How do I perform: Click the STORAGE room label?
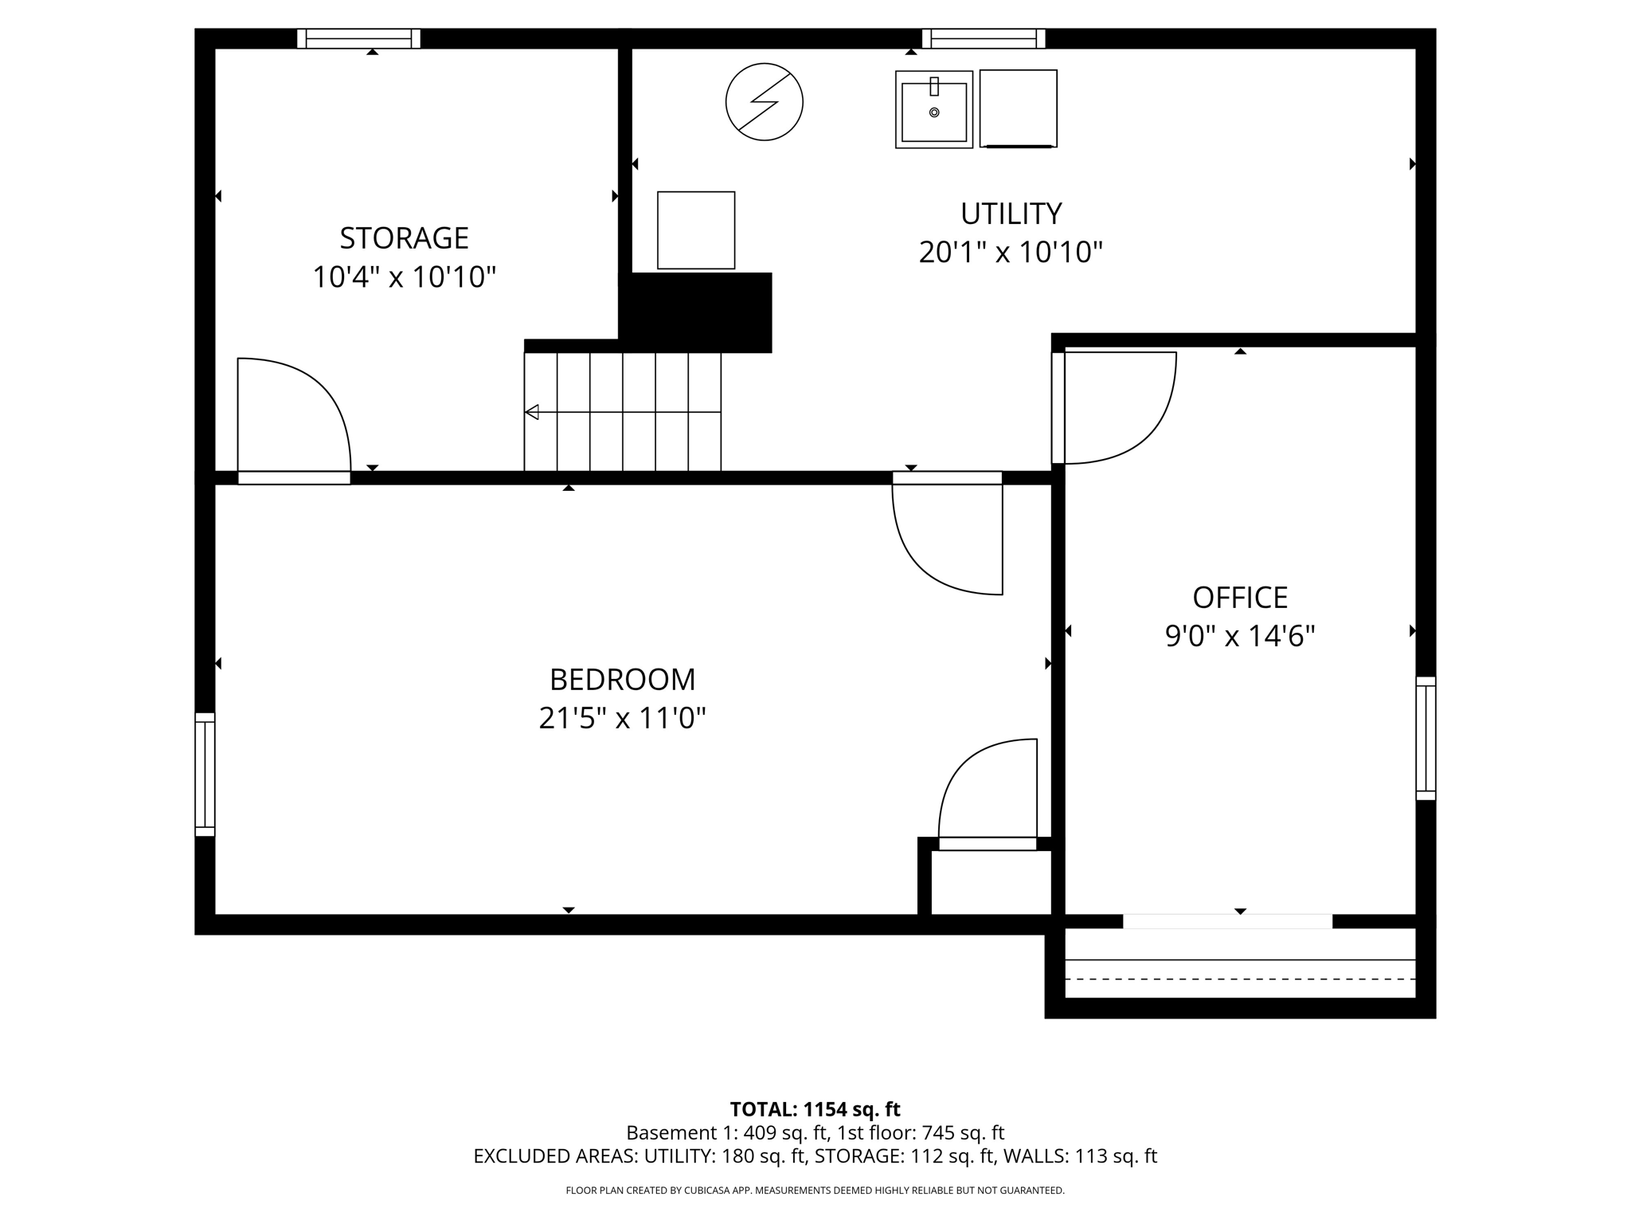[404, 238]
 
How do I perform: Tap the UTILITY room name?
[1011, 214]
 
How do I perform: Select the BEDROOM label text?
[622, 680]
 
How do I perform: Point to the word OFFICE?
[1239, 598]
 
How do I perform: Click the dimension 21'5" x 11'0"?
[622, 719]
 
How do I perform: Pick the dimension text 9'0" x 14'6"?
[1239, 637]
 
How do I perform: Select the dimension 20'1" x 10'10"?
[1011, 253]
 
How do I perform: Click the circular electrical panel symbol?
[764, 102]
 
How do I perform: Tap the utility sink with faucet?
[933, 109]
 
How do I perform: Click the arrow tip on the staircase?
[532, 412]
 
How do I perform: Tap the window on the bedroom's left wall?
[205, 775]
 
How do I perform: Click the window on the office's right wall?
[1425, 738]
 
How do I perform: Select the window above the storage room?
[358, 38]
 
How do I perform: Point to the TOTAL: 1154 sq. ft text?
[815, 1109]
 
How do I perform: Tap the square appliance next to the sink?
[1018, 108]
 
